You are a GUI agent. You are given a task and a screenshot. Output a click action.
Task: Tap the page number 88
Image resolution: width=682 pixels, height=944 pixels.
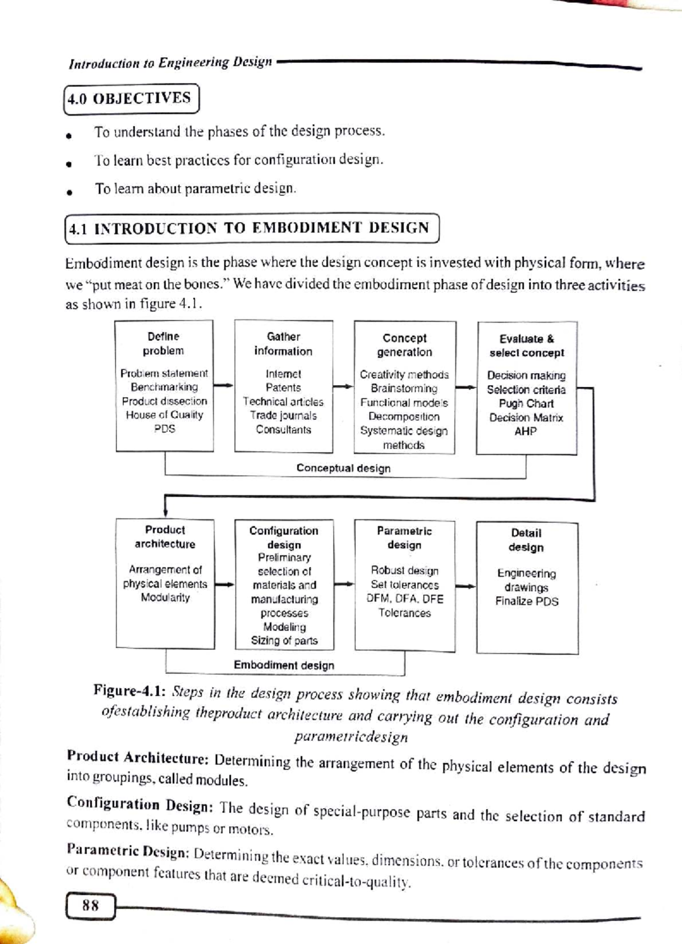[90, 905]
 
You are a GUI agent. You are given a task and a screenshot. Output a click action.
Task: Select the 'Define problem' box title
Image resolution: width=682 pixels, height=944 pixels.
[164, 344]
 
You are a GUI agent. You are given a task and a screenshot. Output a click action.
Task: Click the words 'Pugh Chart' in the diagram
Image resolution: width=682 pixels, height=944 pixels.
[526, 404]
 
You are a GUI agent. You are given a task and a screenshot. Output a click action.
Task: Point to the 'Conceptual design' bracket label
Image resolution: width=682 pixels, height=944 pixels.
[343, 469]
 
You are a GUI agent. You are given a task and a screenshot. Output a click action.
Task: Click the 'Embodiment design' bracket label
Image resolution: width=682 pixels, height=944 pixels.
[284, 665]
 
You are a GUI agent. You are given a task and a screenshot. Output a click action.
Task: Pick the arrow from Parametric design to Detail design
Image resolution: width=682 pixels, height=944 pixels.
[465, 586]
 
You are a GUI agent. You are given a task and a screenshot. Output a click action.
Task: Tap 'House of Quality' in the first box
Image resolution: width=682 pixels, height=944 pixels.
[164, 415]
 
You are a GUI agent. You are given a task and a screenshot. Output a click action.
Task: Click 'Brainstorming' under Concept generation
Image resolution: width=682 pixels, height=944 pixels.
[404, 389]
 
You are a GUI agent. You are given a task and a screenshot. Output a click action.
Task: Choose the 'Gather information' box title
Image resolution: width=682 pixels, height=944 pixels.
[283, 344]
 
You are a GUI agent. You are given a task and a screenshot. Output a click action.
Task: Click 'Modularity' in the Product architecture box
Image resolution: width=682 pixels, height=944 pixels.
[165, 598]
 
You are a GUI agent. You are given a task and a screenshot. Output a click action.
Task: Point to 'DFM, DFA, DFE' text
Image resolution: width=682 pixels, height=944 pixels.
[405, 599]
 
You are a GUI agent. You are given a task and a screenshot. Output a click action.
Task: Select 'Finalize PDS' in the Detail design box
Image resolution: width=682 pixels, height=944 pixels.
[526, 602]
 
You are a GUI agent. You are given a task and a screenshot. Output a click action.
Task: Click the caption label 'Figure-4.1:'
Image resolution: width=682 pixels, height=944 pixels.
[130, 692]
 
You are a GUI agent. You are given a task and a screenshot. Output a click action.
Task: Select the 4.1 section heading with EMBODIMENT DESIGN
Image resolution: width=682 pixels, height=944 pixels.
[252, 228]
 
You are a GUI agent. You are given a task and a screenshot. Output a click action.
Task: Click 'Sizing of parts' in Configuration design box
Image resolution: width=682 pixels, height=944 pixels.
[284, 641]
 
